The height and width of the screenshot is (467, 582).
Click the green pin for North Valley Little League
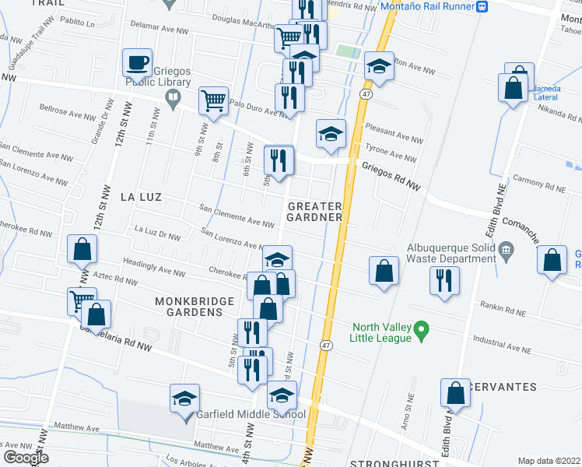[x=421, y=332]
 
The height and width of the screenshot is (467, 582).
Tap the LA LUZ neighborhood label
[x=141, y=197]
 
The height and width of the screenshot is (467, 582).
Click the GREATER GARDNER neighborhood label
[x=315, y=212]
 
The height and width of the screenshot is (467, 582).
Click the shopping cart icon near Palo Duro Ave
[x=212, y=100]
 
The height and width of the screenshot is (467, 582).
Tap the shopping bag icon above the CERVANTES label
[x=455, y=394]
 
